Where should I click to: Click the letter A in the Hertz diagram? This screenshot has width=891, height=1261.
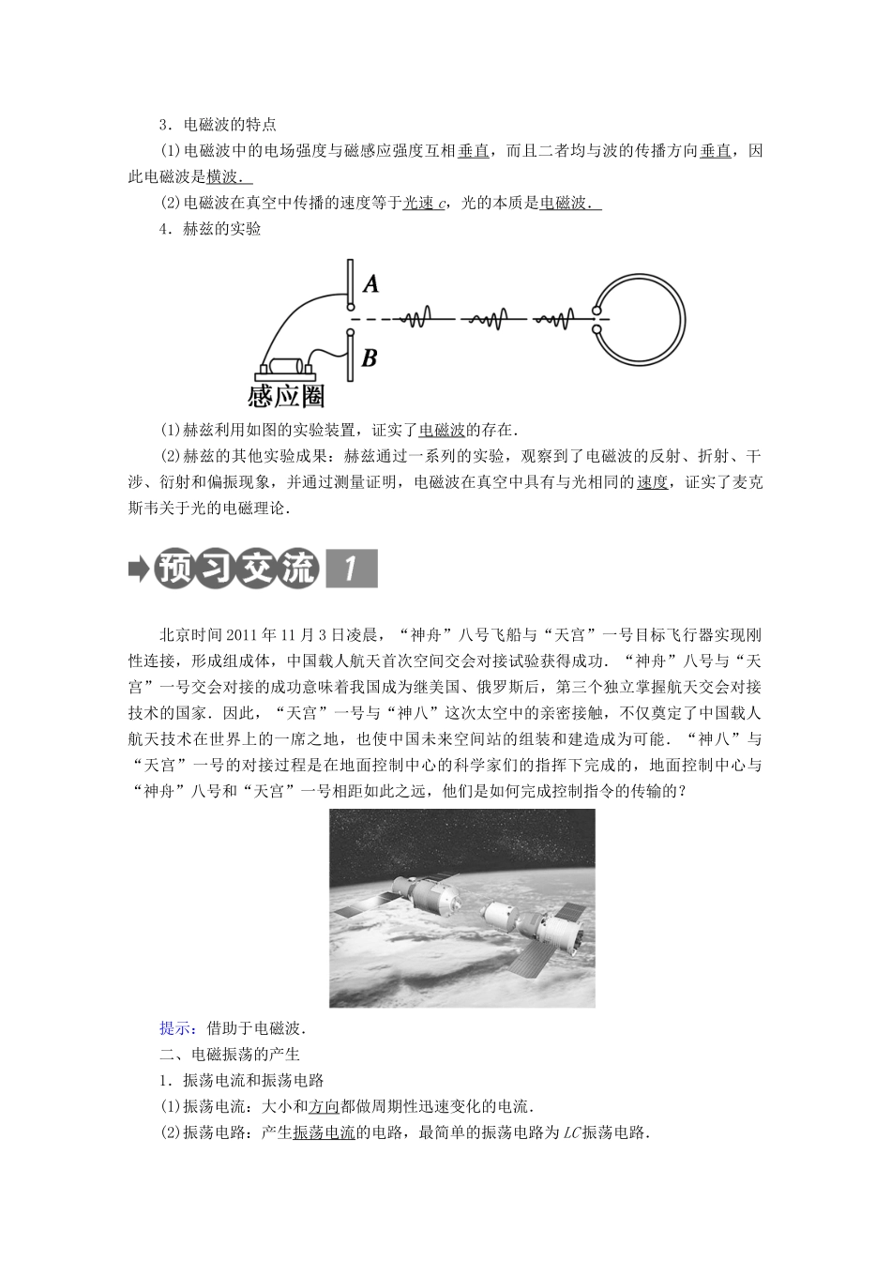[370, 283]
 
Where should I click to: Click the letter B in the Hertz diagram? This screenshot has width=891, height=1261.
[370, 358]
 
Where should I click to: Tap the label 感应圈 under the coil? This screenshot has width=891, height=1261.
[286, 396]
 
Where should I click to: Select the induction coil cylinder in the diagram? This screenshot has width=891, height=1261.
[286, 366]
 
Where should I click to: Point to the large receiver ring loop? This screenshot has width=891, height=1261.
[685, 320]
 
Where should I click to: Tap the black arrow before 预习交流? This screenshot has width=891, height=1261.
[139, 570]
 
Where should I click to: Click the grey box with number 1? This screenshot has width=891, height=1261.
[352, 569]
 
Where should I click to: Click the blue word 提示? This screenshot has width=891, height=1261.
[175, 1028]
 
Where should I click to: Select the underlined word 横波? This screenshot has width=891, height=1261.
[221, 176]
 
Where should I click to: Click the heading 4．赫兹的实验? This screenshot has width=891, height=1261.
[210, 229]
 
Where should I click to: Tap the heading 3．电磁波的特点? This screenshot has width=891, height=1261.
[219, 125]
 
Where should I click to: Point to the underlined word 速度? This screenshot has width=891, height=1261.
[653, 482]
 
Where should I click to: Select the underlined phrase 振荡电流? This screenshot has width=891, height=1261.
[325, 1132]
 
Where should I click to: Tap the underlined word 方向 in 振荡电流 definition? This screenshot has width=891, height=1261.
[325, 1107]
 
